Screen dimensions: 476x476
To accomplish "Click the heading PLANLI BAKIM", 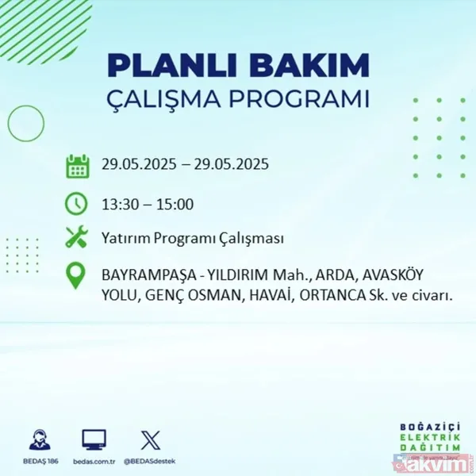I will click(238, 64).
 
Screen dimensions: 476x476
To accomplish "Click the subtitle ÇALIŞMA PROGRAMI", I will click(238, 99).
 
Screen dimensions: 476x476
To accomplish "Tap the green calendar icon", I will click(77, 166).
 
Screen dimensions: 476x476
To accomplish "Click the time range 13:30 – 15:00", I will click(148, 205).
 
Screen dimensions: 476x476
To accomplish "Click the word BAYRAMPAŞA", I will click(148, 275).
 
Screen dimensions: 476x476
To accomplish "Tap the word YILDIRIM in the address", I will click(236, 275).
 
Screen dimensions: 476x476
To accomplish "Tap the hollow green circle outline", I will click(26, 123).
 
